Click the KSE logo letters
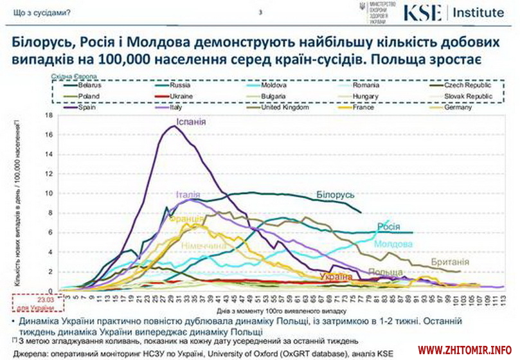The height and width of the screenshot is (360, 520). [x=422, y=12]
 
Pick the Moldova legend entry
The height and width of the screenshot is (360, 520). [x=274, y=85]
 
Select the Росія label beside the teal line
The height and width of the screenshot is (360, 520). [x=388, y=226]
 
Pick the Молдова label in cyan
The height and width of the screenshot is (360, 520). [x=393, y=244]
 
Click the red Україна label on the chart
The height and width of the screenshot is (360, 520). [x=336, y=276]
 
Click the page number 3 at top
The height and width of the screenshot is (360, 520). [x=260, y=12]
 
